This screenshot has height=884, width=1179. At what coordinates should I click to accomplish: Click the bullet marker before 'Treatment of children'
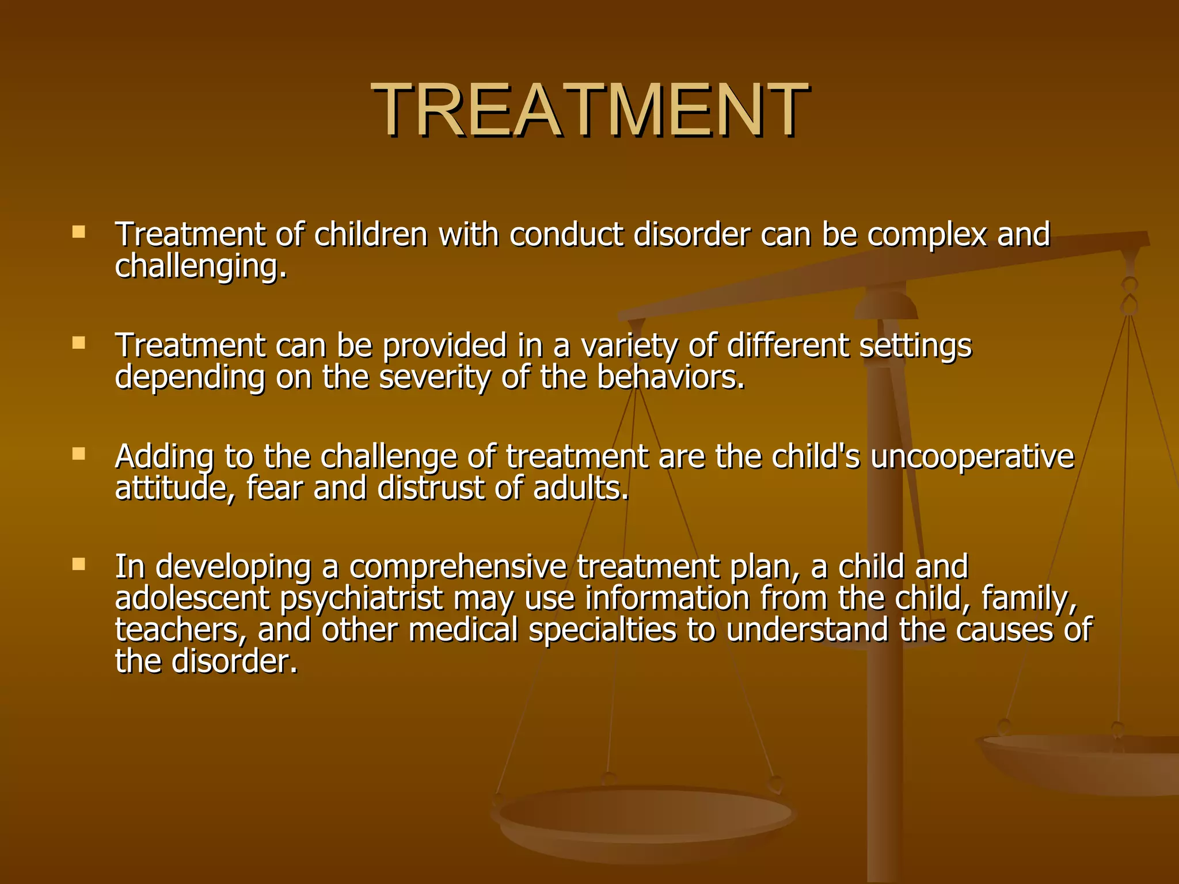point(79,233)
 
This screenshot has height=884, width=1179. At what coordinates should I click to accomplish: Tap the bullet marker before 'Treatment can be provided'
point(79,344)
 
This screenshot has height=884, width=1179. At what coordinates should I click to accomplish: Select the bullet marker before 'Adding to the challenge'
point(79,454)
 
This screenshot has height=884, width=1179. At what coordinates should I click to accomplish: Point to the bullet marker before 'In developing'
point(79,564)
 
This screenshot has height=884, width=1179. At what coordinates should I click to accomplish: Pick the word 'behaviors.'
point(671,378)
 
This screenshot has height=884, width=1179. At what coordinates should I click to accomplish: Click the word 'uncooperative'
point(972,457)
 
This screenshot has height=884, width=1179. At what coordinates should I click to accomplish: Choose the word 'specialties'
point(602,630)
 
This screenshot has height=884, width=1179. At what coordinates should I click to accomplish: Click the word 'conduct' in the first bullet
point(566,235)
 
